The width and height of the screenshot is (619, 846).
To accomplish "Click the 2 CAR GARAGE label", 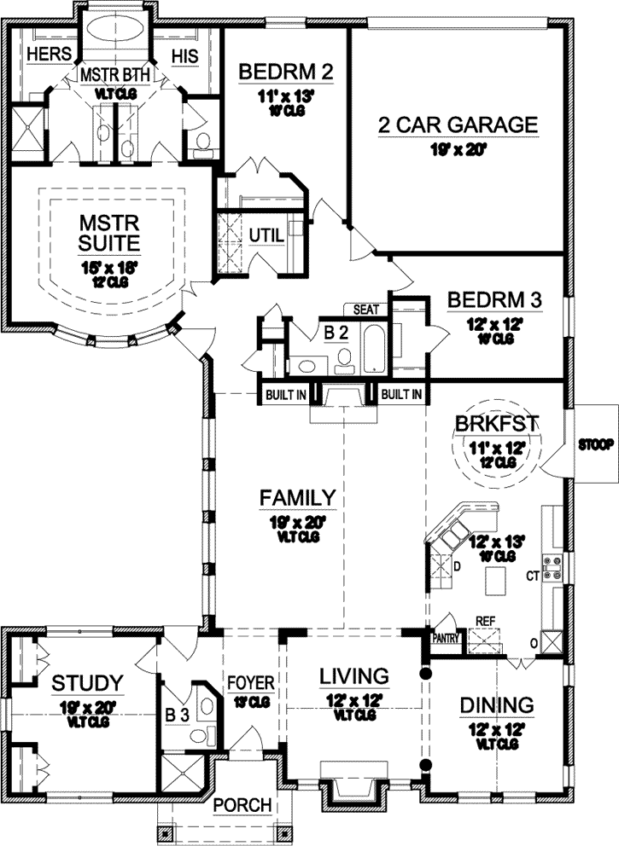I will click(458, 126).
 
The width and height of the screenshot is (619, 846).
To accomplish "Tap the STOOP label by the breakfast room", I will click(594, 445).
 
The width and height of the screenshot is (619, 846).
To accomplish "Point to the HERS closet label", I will click(43, 55).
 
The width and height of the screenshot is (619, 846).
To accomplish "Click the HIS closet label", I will click(184, 55).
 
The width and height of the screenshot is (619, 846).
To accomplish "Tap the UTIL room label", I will click(265, 235).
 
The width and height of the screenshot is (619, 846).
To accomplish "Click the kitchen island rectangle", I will click(496, 582).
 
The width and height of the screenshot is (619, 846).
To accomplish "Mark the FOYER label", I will click(250, 683).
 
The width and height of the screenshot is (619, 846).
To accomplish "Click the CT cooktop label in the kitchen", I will click(531, 577).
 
